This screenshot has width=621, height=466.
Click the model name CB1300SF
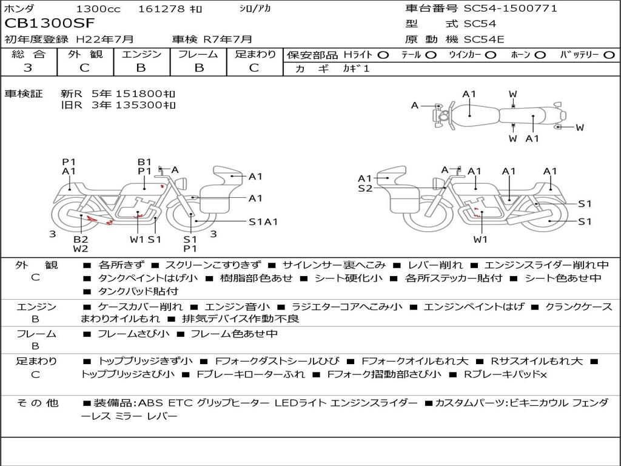coord(50,23)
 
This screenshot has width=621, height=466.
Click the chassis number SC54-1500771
coord(511,8)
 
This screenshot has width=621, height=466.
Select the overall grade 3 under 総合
coord(27,68)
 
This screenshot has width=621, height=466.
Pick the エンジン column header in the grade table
coord(141,54)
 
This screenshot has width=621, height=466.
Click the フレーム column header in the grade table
coord(198,54)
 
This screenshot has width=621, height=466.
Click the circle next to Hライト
coord(383,55)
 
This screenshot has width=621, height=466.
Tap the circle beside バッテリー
coord(609,55)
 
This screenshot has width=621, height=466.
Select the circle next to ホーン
coord(540,55)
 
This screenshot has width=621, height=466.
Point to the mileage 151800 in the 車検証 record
coord(139,94)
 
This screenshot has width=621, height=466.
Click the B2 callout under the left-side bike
coord(81,239)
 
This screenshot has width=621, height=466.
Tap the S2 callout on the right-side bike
coord(365,188)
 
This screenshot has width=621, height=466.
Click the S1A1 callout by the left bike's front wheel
coord(263,222)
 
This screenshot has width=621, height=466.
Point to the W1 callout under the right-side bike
coord(480,239)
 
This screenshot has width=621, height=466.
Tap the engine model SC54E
coord(484,39)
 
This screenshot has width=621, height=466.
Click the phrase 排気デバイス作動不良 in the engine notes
coord(240,319)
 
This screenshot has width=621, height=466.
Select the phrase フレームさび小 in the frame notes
coord(133,334)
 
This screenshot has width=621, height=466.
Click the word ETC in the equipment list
coord(180,403)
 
